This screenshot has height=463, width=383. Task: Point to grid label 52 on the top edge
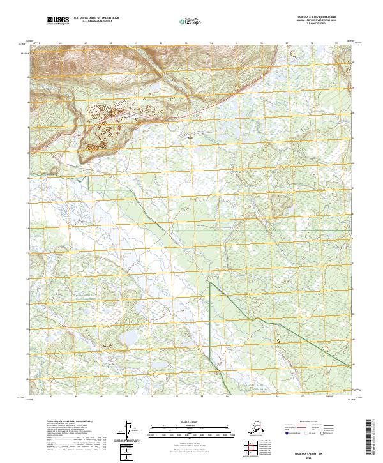[161, 43]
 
